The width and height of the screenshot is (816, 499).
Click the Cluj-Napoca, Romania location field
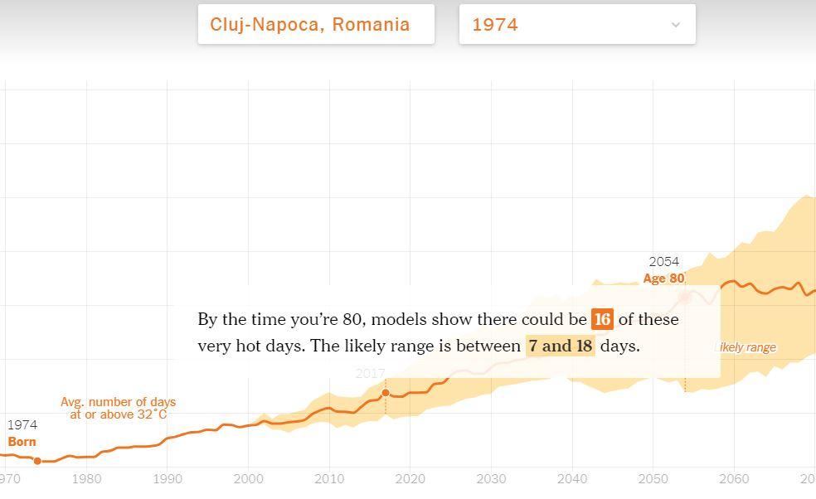click(x=315, y=25)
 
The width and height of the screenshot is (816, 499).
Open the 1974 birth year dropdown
click(x=576, y=25)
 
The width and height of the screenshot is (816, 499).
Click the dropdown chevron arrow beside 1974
click(x=675, y=25)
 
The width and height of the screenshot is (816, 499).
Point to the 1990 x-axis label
click(x=167, y=479)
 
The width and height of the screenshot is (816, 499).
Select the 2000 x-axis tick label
click(x=248, y=479)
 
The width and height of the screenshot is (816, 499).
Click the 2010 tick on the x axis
click(x=329, y=479)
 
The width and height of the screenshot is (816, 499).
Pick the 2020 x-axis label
click(x=410, y=479)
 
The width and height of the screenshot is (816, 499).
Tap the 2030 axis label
click(x=491, y=479)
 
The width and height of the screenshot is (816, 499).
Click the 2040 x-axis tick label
click(x=571, y=479)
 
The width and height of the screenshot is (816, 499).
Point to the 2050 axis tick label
click(x=653, y=479)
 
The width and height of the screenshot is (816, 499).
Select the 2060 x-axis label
click(x=733, y=479)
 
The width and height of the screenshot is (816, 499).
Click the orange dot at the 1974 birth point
click(x=37, y=461)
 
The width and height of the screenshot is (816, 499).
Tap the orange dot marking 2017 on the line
click(x=386, y=393)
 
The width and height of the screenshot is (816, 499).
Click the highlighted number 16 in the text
click(x=602, y=320)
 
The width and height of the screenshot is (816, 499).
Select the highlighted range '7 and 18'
click(x=561, y=346)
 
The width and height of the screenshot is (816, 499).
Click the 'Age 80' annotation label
click(x=663, y=279)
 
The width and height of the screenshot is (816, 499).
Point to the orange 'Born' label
click(x=22, y=442)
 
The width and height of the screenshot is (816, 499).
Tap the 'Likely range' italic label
click(x=746, y=347)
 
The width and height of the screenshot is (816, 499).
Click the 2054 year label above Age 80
click(x=663, y=262)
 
